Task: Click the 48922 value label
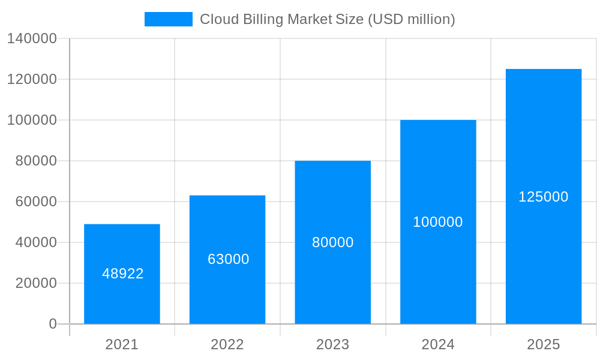(x=123, y=274)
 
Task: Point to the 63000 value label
(x=229, y=259)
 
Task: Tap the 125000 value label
(x=544, y=197)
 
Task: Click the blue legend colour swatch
(x=169, y=19)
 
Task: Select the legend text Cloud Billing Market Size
(x=327, y=19)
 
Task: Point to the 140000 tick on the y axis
(x=32, y=38)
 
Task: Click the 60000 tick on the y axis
(x=36, y=202)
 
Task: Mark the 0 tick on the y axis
(x=53, y=324)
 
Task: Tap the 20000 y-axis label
(x=36, y=283)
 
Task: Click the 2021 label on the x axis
(x=122, y=344)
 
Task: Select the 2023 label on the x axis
(x=333, y=344)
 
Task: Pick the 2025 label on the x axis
(x=544, y=344)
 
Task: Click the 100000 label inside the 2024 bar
(x=438, y=222)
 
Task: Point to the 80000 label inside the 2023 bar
(x=333, y=242)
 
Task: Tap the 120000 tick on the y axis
(x=32, y=79)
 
